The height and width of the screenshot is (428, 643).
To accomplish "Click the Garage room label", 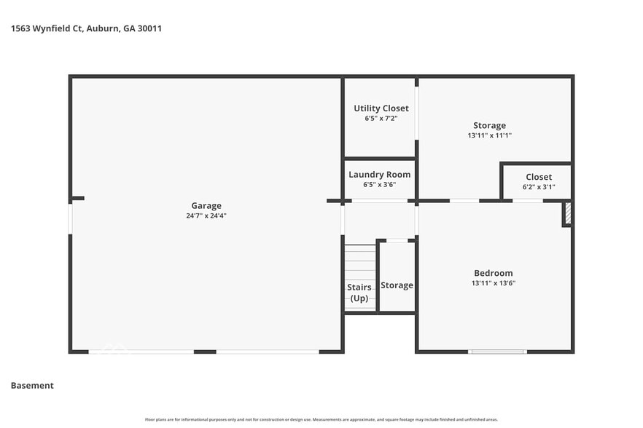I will pyautogui.click(x=206, y=205).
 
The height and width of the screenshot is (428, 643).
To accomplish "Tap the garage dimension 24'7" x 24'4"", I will pyautogui.click(x=206, y=215).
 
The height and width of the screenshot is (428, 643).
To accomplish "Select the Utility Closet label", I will pyautogui.click(x=381, y=108).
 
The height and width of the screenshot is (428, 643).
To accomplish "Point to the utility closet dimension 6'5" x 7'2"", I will pyautogui.click(x=381, y=118).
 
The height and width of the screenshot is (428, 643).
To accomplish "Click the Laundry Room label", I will pyautogui.click(x=379, y=175).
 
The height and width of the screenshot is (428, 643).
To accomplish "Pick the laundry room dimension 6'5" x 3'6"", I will pyautogui.click(x=379, y=185).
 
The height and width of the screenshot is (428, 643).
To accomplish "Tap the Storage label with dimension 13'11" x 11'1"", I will pyautogui.click(x=488, y=125).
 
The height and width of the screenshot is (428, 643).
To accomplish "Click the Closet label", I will pyautogui.click(x=539, y=177).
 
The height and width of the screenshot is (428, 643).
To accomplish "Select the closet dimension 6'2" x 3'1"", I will pyautogui.click(x=539, y=187).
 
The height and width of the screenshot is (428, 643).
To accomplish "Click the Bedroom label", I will pyautogui.click(x=494, y=273).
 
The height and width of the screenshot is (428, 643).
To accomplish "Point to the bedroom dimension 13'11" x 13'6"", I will pyautogui.click(x=494, y=283).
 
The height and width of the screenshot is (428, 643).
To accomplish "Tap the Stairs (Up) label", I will pyautogui.click(x=359, y=293).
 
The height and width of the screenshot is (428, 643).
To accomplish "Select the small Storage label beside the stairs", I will pyautogui.click(x=397, y=285).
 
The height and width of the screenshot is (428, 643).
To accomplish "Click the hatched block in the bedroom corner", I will pyautogui.click(x=566, y=214).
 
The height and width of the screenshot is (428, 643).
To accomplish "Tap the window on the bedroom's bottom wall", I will pyautogui.click(x=496, y=352).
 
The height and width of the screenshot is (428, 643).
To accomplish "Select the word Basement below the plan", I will pyautogui.click(x=32, y=386).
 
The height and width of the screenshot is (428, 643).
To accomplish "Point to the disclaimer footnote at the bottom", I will pyautogui.click(x=321, y=420).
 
